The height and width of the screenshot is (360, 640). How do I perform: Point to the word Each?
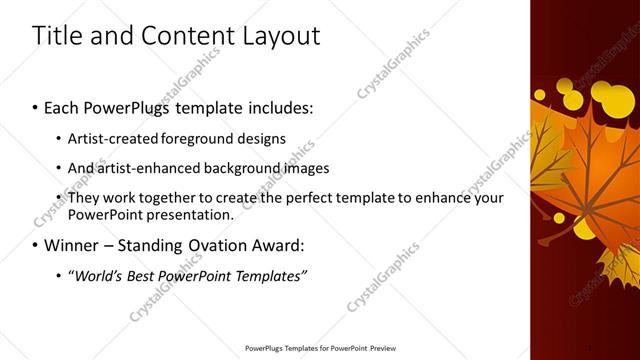click(x=62, y=105)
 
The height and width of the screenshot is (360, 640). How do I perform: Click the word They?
click(x=84, y=198)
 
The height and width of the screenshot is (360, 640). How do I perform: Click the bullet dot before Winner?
click(x=36, y=245)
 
